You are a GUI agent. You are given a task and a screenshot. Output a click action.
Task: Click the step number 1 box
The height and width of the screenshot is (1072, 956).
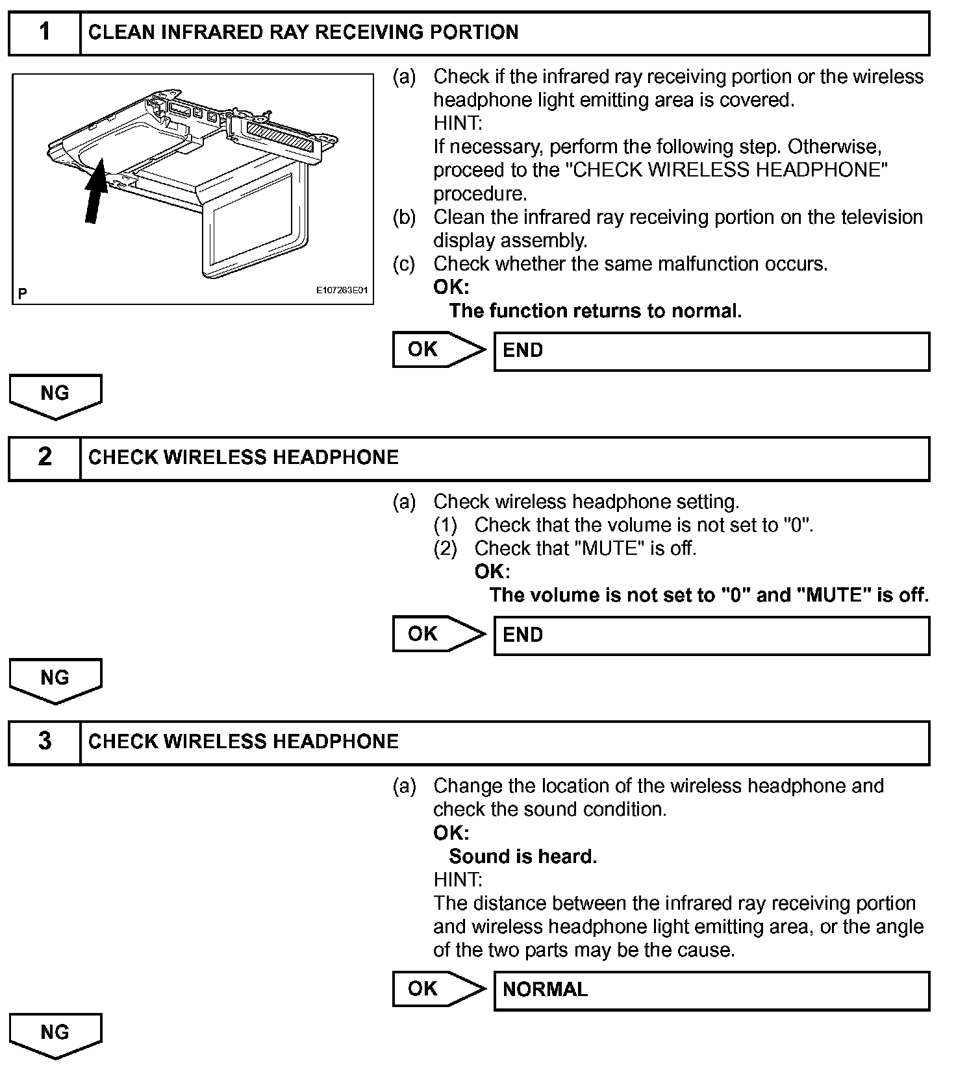coord(44,32)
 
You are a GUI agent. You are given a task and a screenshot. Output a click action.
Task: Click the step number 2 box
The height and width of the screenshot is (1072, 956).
coord(44,457)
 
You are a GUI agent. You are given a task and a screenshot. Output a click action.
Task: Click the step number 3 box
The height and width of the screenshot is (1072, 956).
coord(44,742)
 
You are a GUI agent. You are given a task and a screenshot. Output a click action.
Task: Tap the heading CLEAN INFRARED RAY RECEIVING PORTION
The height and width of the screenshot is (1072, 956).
coord(303,32)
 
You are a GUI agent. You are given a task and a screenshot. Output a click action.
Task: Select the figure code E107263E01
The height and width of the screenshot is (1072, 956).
coord(342,290)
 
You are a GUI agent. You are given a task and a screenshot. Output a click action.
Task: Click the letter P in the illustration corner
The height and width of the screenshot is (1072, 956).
coord(23,294)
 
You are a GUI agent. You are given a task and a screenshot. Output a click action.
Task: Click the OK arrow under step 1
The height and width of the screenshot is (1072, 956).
coord(438,350)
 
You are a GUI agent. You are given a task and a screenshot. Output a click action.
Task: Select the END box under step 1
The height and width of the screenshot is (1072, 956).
coord(711,351)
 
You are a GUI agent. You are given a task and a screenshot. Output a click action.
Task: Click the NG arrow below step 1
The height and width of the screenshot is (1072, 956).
coord(55,395)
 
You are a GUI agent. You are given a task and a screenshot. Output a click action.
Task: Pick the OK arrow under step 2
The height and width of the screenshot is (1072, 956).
coord(438,634)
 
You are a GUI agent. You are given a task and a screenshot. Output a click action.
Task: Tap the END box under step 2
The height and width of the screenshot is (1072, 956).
coord(711,635)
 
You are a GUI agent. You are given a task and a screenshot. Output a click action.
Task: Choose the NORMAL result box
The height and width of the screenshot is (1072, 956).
coord(711,990)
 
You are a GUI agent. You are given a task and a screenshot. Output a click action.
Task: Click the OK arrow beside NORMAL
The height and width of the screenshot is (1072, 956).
coord(438,989)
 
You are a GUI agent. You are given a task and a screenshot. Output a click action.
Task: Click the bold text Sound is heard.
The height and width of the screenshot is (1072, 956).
coord(523,857)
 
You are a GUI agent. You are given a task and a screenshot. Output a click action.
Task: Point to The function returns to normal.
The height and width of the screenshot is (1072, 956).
coord(595,311)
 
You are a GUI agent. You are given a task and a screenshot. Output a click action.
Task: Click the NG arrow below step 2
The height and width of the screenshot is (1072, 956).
coord(55,679)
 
